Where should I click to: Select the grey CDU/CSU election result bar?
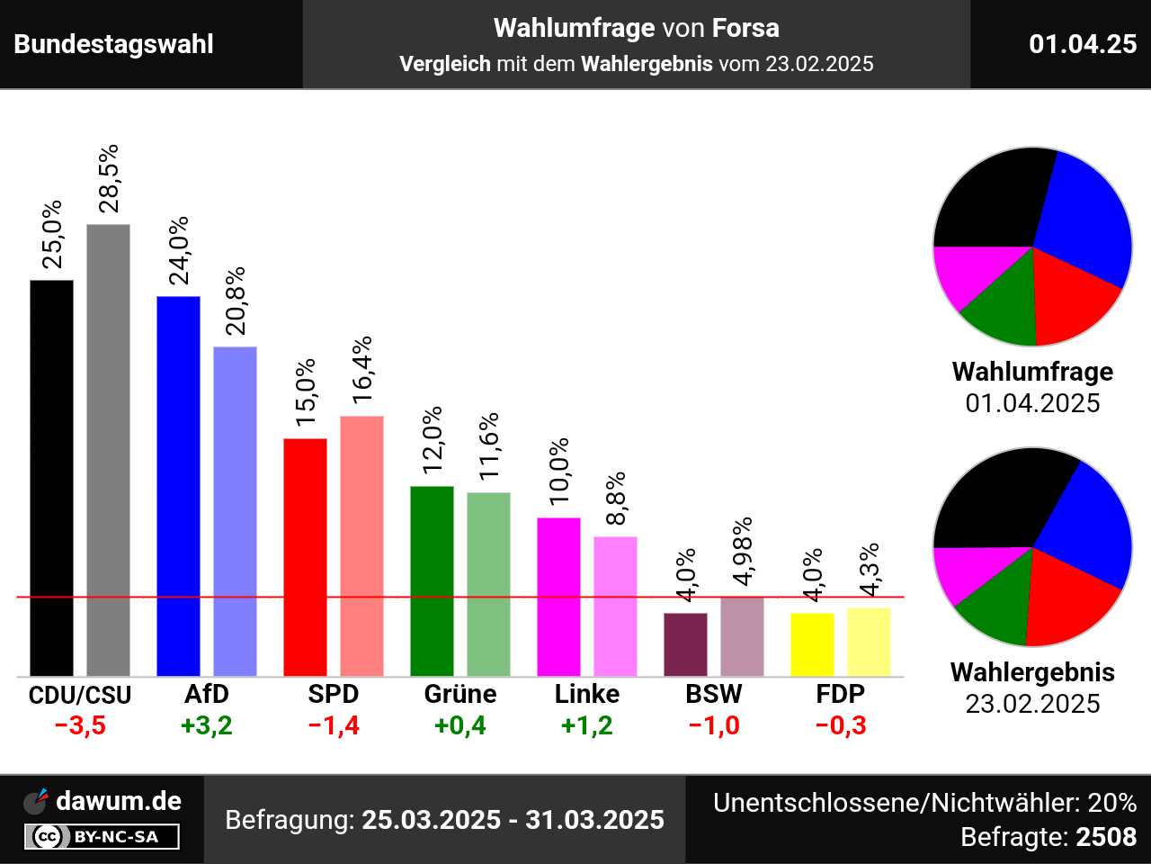coord(108,450)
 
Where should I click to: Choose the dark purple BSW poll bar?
coord(685,644)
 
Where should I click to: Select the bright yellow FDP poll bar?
coord(812,644)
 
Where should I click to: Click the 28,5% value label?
coord(109,178)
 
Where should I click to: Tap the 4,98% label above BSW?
coord(743,551)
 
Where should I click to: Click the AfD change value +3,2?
coord(207,725)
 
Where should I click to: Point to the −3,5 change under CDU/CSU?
coord(80,725)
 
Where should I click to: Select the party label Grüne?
coord(460,694)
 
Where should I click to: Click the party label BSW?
coord(714,694)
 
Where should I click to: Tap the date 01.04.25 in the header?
coord(1083,44)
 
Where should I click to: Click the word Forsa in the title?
coord(745,28)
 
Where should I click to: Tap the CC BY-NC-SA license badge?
coord(102,837)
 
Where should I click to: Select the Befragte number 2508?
coord(1106,837)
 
